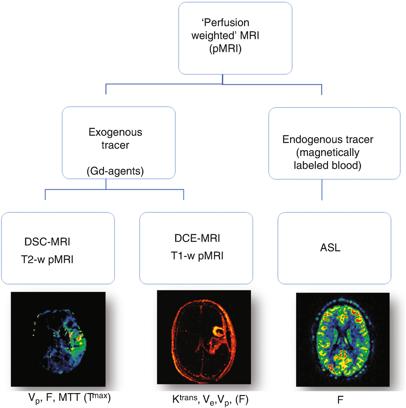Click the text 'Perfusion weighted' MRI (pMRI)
225,36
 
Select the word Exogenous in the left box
115,132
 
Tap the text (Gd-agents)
115,171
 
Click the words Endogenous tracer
328,139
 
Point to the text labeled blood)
327,165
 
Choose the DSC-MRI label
47,242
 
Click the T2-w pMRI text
47,260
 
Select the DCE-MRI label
197,238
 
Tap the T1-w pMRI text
197,256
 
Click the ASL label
330,248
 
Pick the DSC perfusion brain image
58,339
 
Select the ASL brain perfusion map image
343,339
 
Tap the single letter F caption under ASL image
340,400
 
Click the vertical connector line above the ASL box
322,190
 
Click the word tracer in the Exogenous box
115,145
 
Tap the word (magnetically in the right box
328,152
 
